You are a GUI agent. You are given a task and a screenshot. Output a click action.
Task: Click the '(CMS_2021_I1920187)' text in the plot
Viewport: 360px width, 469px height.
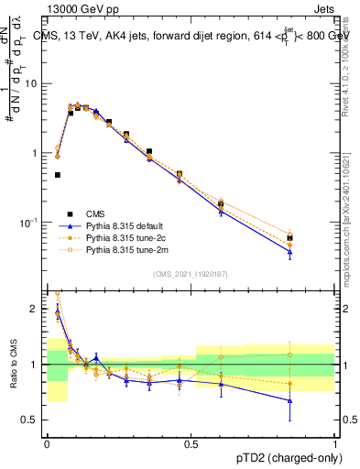[x=191, y=273]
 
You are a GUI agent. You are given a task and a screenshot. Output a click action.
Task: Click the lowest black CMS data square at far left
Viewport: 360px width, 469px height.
[x=58, y=174]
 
